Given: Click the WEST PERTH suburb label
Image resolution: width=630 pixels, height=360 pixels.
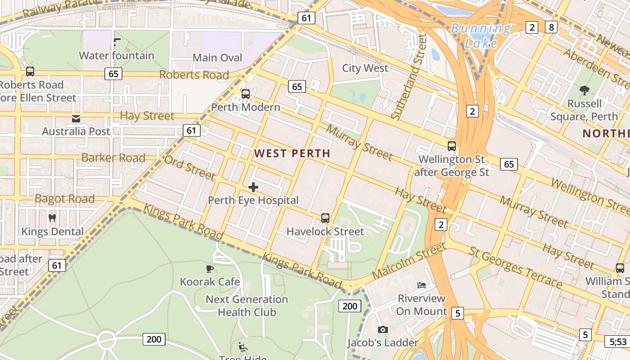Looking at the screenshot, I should point(292,153).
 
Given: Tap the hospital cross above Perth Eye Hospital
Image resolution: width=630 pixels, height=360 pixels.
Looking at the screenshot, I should point(253,187).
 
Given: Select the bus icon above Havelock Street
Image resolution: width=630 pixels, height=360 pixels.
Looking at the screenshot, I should point(325,218).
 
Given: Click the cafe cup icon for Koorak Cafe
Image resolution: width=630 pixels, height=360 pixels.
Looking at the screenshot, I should point(209,269).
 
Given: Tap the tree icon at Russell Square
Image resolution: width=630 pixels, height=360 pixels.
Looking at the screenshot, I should point(584,90).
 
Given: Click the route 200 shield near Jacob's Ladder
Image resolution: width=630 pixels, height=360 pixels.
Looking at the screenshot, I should point(349,306).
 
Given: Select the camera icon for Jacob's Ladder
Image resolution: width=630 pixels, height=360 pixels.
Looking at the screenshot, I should point(383,329).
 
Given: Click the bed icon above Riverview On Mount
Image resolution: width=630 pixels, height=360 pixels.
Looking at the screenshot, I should point(422,285).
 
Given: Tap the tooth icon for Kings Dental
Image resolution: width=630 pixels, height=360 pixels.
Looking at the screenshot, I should point(52,218).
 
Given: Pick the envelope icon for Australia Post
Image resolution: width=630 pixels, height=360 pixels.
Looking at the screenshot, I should point(76,119).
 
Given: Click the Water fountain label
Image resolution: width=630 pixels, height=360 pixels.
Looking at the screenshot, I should point(117,56).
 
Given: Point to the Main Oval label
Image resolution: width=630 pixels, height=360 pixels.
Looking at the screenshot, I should point(217,58).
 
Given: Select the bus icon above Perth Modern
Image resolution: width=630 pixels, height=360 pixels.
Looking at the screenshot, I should point(245,94).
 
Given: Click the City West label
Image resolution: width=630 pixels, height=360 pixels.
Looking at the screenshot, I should point(365,68).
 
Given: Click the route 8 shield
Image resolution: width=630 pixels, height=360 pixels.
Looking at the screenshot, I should point(551,27).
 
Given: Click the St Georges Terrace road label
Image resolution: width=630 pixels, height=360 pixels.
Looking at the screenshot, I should point(516,267).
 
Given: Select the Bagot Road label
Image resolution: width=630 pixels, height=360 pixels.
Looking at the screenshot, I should point(65,198).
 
